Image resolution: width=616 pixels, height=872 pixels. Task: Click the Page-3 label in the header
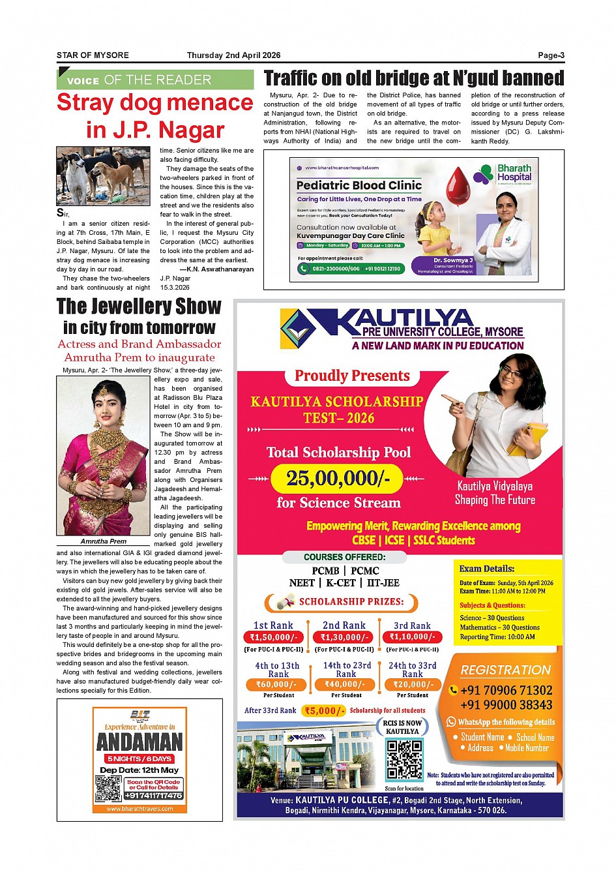tap(551, 55)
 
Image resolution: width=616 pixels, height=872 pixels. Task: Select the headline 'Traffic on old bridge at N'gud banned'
tap(414, 78)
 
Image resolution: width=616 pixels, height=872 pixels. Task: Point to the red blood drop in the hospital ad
tap(458, 184)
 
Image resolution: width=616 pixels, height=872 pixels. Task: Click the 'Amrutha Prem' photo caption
tap(104, 541)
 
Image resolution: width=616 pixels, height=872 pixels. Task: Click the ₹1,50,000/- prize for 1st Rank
tap(274, 637)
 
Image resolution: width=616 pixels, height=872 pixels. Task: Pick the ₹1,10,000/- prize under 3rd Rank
tap(412, 637)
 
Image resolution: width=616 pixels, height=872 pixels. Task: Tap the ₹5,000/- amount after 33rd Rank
tap(324, 711)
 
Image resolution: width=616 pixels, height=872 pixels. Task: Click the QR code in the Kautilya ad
tap(405, 759)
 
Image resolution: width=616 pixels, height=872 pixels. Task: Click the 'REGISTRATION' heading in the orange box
tap(505, 670)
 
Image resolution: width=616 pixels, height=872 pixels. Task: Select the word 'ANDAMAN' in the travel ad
tap(139, 742)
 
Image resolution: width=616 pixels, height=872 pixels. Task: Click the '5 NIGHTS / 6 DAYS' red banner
tap(139, 759)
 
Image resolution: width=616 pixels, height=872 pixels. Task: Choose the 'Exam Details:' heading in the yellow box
tap(486, 569)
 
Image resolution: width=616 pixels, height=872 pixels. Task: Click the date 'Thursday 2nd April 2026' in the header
tap(233, 55)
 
